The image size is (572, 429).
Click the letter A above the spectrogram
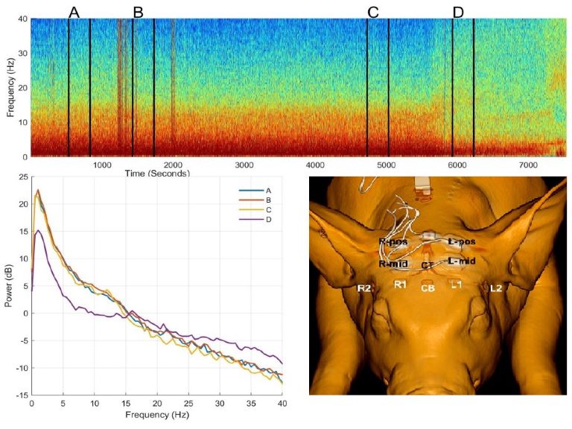click(73, 11)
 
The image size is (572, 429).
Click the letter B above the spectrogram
click(137, 11)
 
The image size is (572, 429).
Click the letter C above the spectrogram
click(373, 11)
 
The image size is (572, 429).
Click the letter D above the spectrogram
click(457, 11)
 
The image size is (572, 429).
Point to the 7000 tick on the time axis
click(527, 164)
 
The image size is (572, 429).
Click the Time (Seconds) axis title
click(157, 173)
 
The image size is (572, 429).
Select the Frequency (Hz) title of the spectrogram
click(10, 88)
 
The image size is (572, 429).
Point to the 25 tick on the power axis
click(22, 177)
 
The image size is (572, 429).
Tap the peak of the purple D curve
click(38, 231)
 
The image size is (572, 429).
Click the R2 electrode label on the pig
click(364, 287)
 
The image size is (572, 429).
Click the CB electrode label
click(428, 288)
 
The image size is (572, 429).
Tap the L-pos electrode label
click(462, 242)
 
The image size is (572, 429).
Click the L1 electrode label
click(456, 285)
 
